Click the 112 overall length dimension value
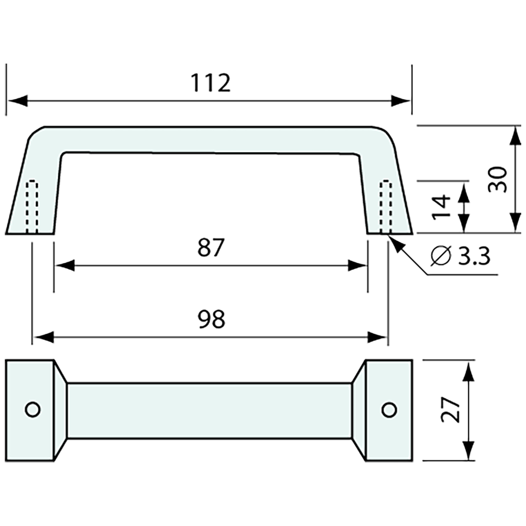click(211, 83)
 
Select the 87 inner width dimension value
click(211, 248)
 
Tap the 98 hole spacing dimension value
click(211, 319)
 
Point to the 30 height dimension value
click(497, 179)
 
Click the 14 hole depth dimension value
click(442, 207)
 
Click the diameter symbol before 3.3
click(440, 257)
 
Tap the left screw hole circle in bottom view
click(33, 409)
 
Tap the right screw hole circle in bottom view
click(389, 409)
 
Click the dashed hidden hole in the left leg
click(32, 208)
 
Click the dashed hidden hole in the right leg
click(386, 208)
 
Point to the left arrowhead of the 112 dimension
click(17, 101)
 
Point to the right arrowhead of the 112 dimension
click(401, 101)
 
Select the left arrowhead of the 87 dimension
click(65, 266)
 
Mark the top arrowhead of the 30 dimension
click(515, 136)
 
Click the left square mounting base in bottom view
click(30, 410)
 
